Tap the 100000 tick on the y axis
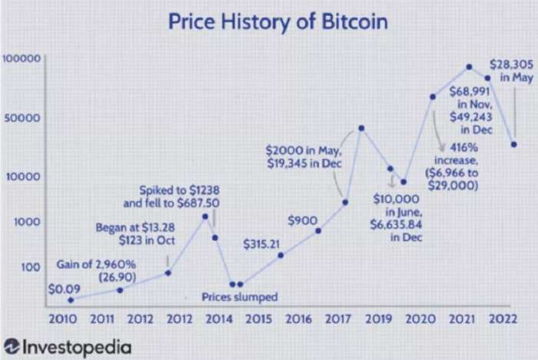(x=22, y=59)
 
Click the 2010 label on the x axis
(x=63, y=318)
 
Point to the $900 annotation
(x=303, y=221)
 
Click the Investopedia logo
(x=68, y=346)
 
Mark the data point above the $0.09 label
(x=71, y=300)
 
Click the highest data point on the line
(x=468, y=67)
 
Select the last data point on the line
(x=513, y=145)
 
